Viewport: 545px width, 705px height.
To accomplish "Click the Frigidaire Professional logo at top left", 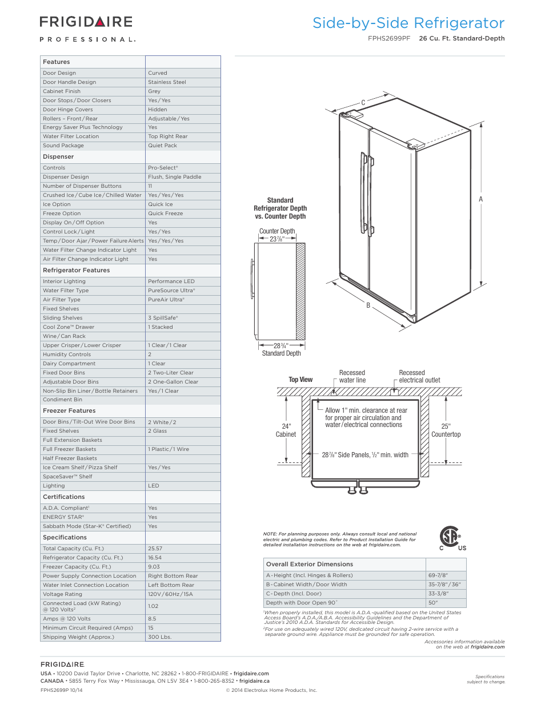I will (x=87, y=28).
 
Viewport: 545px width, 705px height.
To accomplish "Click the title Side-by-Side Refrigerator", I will (x=408, y=23).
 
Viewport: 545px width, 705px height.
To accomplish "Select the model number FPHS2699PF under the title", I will (x=389, y=39).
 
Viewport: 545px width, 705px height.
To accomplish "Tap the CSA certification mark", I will (x=451, y=537).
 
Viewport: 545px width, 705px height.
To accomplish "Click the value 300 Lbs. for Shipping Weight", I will (x=159, y=637).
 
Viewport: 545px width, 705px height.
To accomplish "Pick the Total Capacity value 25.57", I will (x=155, y=549).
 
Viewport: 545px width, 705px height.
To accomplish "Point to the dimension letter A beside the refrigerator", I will (x=481, y=199).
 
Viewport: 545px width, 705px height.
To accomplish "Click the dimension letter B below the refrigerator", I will (x=368, y=305).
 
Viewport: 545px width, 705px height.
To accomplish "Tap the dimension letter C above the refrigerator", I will (x=363, y=103).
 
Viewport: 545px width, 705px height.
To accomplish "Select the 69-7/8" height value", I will (x=438, y=575).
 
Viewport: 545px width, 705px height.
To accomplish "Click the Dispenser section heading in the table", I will (x=58, y=157).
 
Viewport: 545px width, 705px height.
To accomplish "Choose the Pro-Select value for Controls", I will (x=163, y=168).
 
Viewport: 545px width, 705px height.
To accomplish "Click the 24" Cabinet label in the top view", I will (x=286, y=430).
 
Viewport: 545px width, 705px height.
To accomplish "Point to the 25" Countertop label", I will (x=446, y=430).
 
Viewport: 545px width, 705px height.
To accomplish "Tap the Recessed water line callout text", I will (x=352, y=376).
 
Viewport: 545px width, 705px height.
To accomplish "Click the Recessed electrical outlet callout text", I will (x=419, y=376).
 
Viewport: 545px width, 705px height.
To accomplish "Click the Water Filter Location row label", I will (x=71, y=136).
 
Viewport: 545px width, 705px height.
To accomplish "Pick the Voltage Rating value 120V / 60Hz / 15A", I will (x=170, y=594).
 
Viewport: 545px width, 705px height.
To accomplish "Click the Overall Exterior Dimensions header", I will (x=310, y=565).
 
